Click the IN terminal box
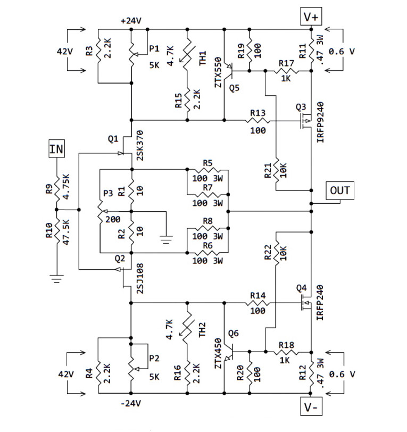tap(56, 149)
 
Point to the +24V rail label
tap(130, 21)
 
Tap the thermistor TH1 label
tap(202, 59)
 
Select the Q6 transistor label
tap(234, 334)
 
